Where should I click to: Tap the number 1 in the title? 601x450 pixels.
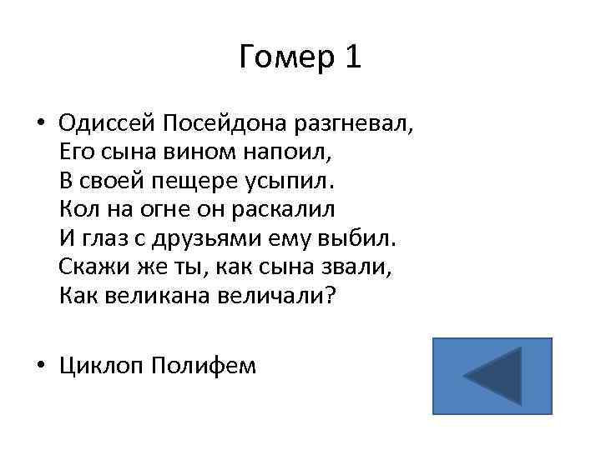(x=351, y=57)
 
